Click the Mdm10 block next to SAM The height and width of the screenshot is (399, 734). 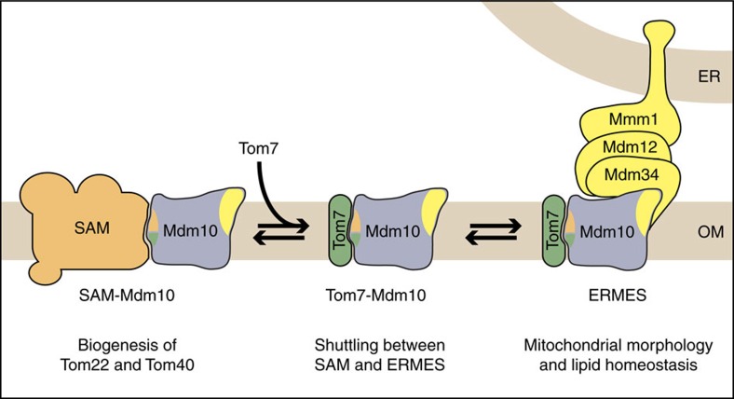tap(186, 229)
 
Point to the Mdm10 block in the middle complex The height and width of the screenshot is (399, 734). tap(385, 229)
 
